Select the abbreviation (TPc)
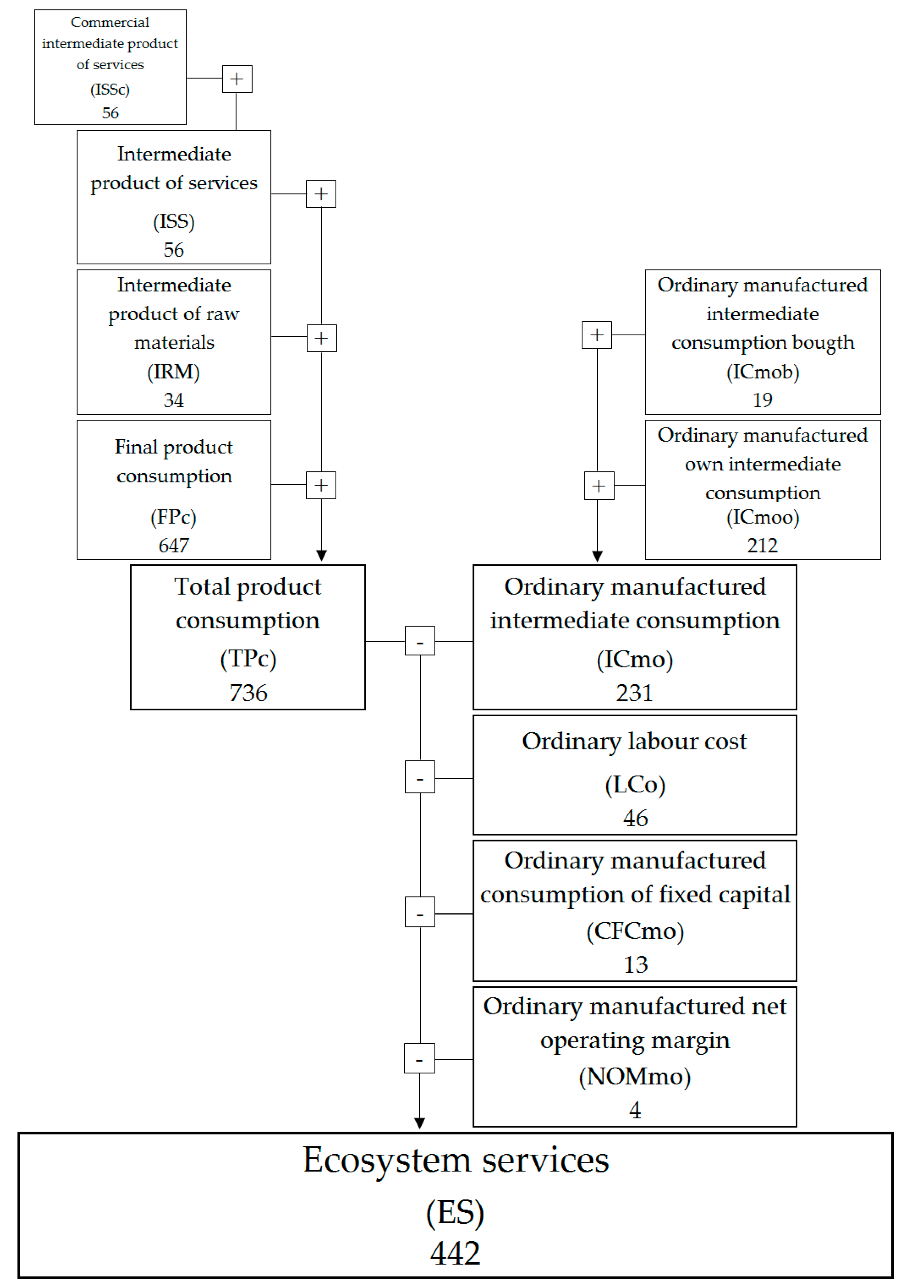(248, 658)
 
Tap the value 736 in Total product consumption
(248, 693)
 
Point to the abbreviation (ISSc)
(110, 89)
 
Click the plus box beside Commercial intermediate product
(237, 78)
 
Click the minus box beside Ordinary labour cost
(420, 777)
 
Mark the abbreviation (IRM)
(173, 372)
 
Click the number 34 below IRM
(173, 400)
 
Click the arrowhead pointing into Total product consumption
(321, 555)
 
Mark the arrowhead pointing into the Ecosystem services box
(420, 1123)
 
